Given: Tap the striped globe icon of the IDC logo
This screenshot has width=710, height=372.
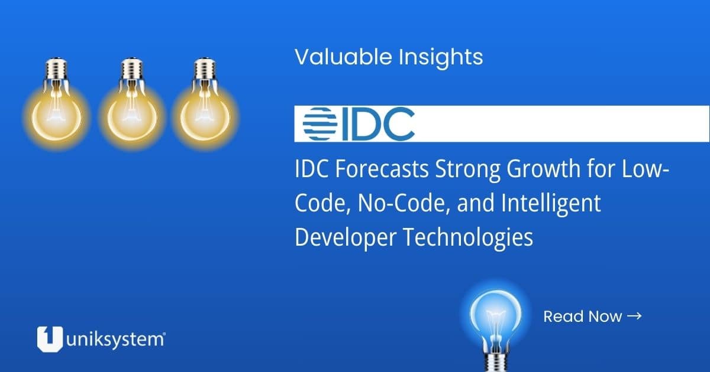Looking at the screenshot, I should tap(320, 123).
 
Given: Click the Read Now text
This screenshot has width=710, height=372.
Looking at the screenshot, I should tap(582, 316).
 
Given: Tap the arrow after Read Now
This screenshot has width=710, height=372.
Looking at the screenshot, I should tap(634, 316).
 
